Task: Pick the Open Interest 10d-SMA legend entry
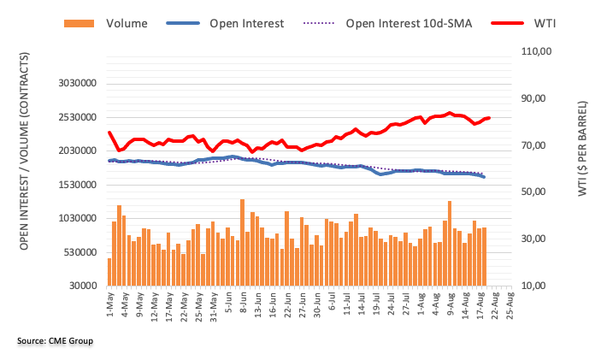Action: (403, 23)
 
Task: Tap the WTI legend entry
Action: (543, 23)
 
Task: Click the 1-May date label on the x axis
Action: (109, 303)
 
